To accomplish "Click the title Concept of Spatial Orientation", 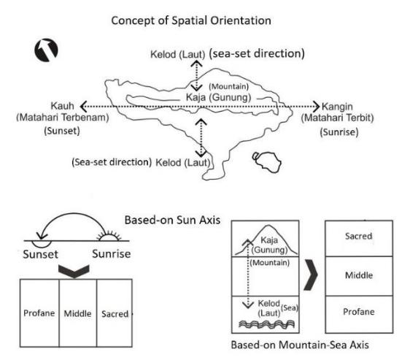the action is (x=191, y=20).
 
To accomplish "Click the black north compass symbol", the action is (x=46, y=50).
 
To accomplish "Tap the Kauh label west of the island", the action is (x=62, y=106).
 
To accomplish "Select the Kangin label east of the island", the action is (x=337, y=107).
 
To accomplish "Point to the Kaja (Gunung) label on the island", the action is (x=218, y=97).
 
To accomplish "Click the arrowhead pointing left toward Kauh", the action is (x=84, y=107).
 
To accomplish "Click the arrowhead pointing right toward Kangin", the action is (x=317, y=107).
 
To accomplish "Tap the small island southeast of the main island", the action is (x=267, y=162).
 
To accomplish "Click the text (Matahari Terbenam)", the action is (x=63, y=118).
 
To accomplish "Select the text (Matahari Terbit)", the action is (x=337, y=118).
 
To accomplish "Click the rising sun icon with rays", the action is (x=109, y=236).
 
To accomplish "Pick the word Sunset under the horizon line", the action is (x=41, y=254).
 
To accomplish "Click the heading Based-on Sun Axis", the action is (x=173, y=220).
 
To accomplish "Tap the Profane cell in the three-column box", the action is (x=39, y=313).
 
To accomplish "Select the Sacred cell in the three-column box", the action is (x=115, y=313).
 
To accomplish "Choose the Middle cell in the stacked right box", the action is (x=359, y=276).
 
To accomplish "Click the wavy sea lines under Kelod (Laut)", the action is (x=267, y=324).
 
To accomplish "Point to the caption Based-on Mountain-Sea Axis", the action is (x=300, y=345).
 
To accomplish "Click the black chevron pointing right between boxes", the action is (x=312, y=275).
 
